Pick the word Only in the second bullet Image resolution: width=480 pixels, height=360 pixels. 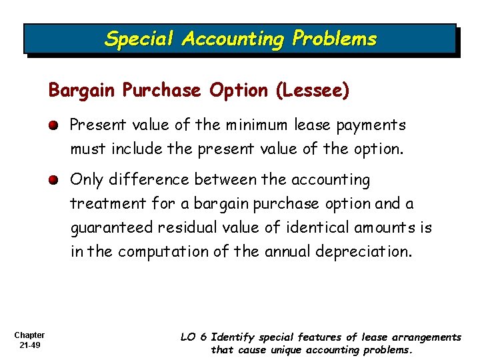click(x=86, y=180)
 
